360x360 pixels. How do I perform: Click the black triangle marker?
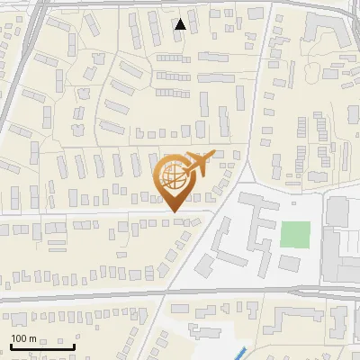[181, 25]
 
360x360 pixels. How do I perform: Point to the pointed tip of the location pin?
[173, 211]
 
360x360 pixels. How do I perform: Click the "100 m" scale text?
[23, 337]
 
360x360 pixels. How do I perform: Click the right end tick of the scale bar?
[74, 345]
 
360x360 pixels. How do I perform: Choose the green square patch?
[293, 234]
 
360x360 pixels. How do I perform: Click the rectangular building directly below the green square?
[290, 263]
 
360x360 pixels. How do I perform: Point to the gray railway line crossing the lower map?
[90, 296]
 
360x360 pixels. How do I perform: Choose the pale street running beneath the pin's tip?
[108, 215]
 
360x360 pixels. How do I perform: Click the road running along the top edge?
[180, 4]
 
